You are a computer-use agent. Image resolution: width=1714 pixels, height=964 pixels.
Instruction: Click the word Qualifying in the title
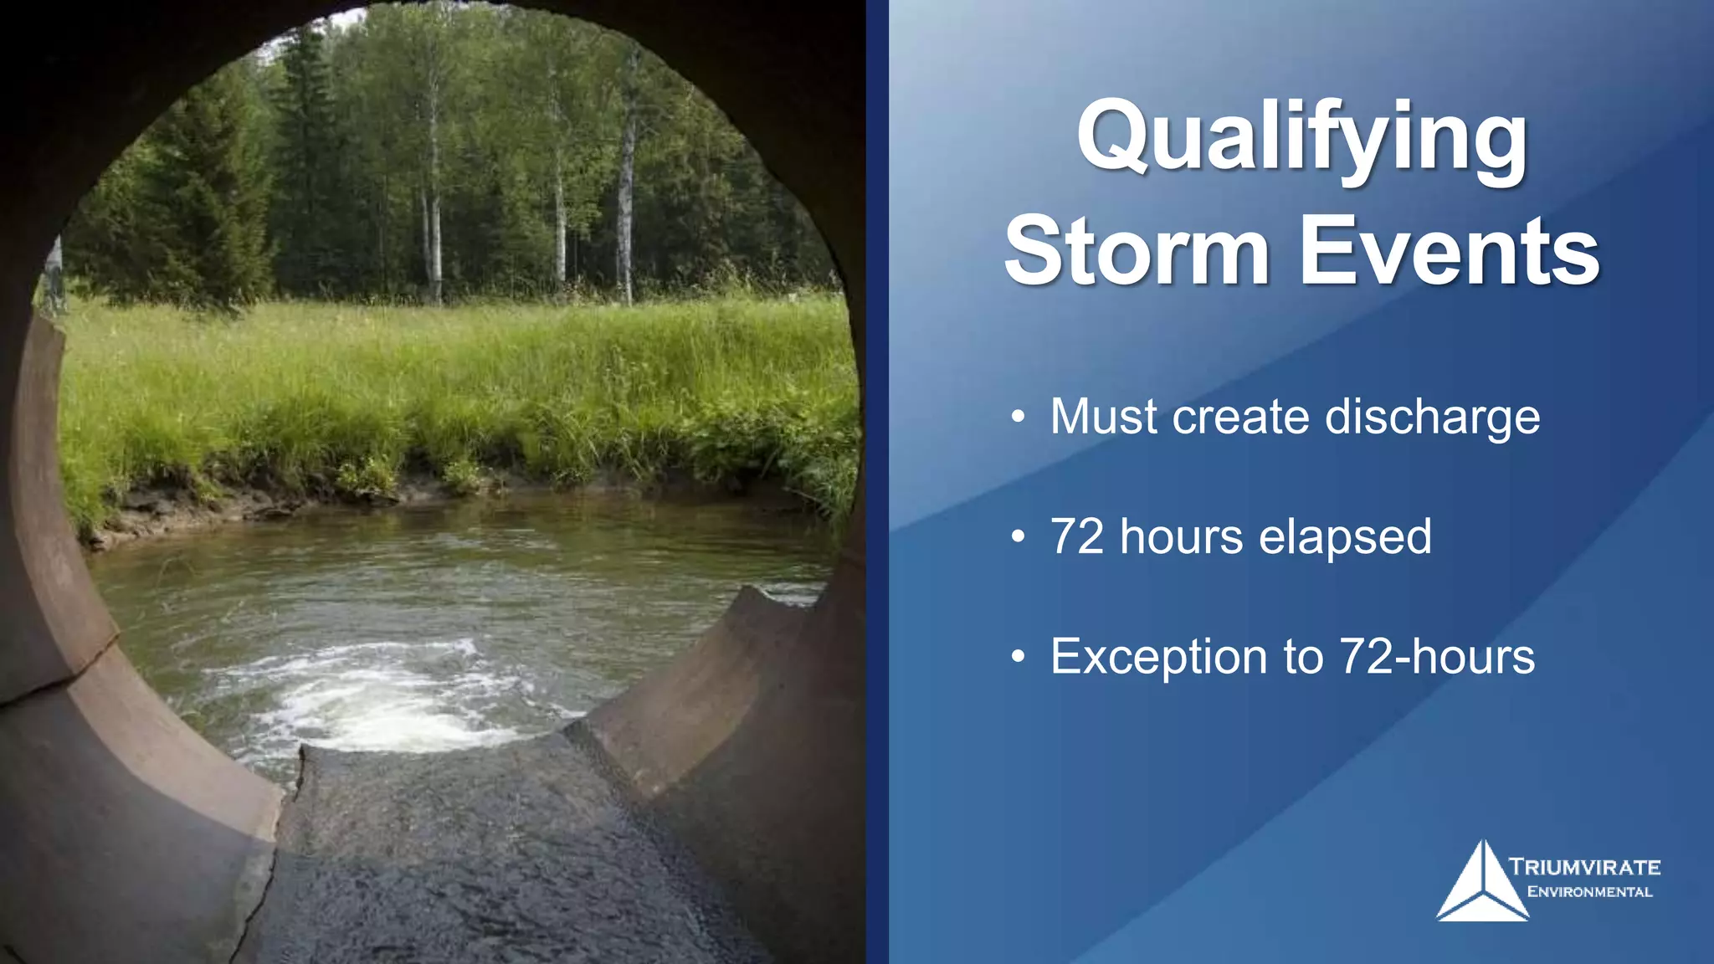(x=1302, y=138)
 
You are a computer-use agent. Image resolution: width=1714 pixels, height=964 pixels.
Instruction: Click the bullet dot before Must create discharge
(x=1017, y=417)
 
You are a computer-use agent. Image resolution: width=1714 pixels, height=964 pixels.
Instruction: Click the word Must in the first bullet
(x=1103, y=417)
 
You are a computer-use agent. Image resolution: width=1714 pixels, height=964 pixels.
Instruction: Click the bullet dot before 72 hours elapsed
(x=1017, y=537)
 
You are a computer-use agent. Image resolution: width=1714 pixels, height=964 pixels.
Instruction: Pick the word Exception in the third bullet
(x=1159, y=657)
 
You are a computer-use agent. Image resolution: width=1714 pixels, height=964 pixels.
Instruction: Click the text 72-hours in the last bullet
(x=1437, y=657)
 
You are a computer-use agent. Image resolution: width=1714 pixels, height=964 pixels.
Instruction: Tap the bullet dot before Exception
(x=1017, y=658)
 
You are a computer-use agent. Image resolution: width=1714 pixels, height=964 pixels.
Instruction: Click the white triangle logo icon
(x=1481, y=887)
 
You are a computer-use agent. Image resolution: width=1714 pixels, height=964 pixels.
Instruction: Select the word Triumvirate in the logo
(x=1584, y=867)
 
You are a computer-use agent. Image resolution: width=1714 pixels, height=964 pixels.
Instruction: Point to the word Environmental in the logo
(x=1589, y=892)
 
